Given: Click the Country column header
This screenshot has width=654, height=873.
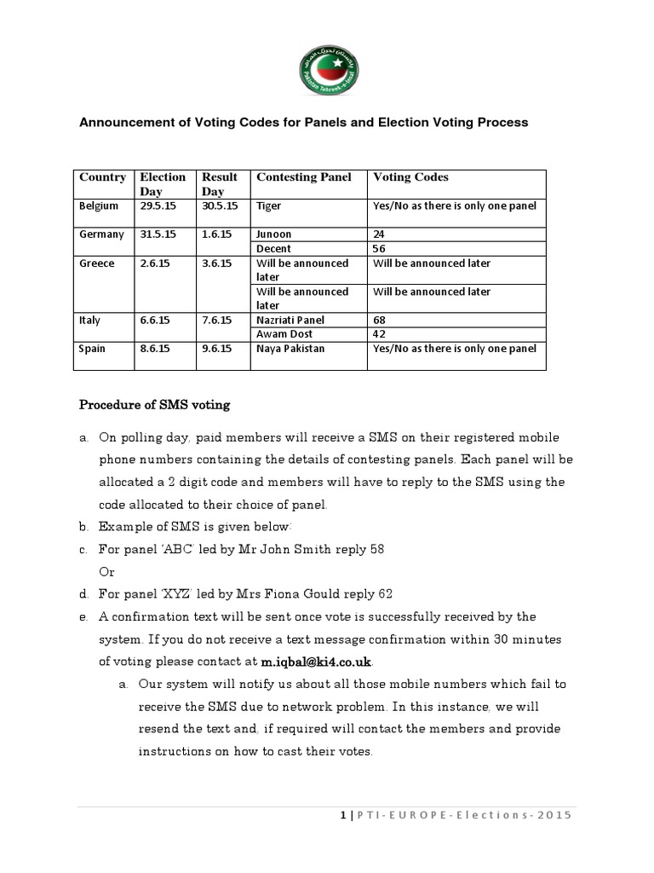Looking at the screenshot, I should pos(102,177).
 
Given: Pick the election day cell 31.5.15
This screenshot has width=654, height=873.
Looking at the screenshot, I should pos(156,234).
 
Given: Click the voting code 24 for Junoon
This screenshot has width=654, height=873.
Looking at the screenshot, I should pos(380,234).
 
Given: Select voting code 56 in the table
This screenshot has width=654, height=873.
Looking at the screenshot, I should pos(380,248).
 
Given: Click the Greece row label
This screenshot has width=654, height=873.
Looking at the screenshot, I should pos(96,263).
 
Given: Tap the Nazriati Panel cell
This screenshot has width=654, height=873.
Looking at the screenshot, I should pos(290,321).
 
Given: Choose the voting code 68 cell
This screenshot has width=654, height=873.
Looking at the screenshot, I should pos(380,321).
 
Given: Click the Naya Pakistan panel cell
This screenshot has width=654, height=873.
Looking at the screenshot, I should pos(290,349).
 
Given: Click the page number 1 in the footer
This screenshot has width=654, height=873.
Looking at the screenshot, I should pos(342,816).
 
